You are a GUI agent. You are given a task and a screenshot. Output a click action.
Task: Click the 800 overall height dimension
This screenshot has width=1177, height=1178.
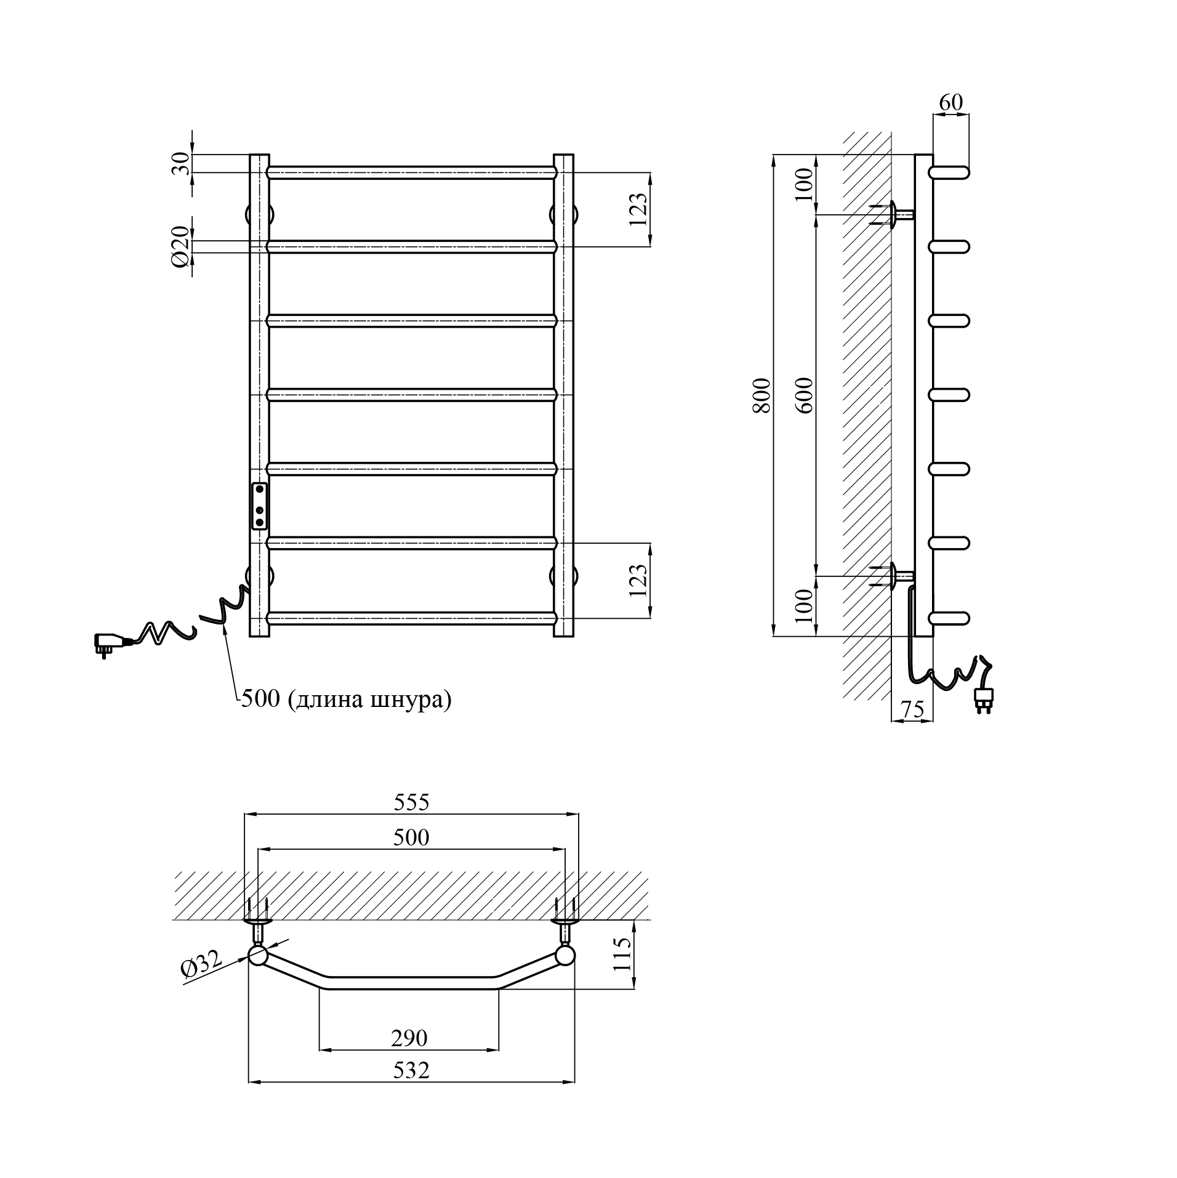point(761,395)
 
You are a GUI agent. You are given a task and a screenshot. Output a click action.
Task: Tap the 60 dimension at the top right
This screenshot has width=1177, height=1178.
point(950,102)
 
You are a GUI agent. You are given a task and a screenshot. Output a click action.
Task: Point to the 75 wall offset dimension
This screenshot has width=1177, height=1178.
point(912,710)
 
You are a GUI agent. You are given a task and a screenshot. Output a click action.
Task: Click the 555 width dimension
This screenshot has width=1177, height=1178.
point(411,802)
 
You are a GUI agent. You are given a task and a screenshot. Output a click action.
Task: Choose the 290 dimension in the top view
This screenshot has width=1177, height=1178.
point(409,1038)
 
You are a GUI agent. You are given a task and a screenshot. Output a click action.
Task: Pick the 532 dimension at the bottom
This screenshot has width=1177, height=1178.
point(411,1070)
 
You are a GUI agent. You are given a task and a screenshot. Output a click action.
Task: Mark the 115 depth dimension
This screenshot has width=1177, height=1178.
point(622,954)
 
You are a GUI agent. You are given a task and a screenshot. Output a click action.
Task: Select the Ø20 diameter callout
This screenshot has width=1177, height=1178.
point(179,247)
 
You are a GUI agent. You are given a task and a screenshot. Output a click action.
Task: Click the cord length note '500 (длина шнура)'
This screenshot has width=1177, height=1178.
point(346,700)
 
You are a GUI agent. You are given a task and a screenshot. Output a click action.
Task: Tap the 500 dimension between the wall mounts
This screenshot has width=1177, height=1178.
point(411,837)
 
